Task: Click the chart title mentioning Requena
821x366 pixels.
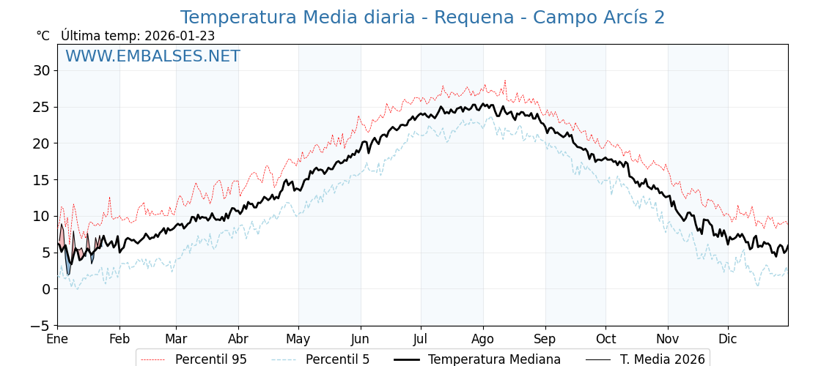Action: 422,18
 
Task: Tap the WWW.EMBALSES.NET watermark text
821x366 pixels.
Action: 152,56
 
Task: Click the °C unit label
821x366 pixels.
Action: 43,36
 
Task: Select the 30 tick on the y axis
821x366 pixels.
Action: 42,70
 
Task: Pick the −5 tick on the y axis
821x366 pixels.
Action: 42,326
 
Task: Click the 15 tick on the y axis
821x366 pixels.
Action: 42,180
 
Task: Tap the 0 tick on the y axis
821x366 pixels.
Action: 46,289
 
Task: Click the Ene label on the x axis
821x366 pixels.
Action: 57,340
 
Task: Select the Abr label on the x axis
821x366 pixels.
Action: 238,340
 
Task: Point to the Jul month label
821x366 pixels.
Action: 421,340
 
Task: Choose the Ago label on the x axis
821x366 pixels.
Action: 483,340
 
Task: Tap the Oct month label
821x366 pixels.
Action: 605,340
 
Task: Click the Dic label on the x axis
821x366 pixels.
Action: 728,340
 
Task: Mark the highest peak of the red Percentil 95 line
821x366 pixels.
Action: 504,81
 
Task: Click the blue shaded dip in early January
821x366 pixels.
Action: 68,268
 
